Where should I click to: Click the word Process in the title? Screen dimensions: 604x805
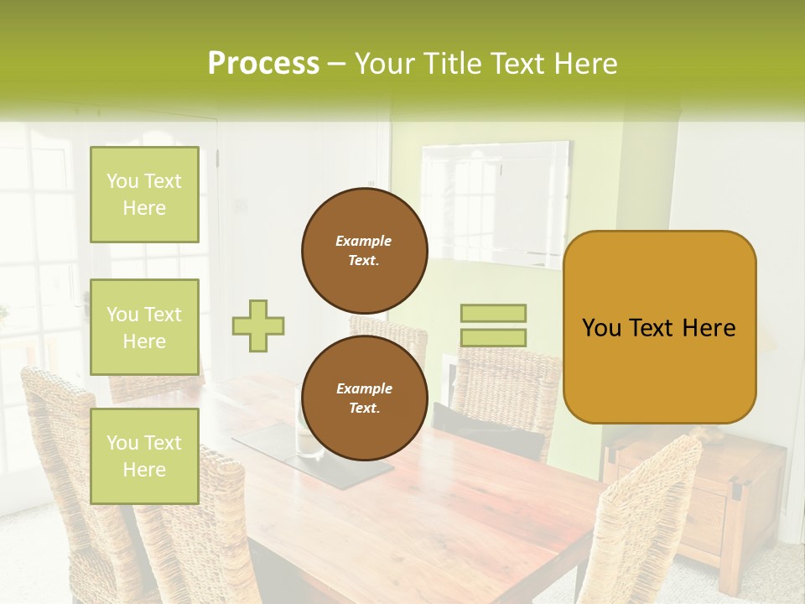pos(263,64)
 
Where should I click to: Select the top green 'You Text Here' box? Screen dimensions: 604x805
pos(144,195)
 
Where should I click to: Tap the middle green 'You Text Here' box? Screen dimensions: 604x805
pos(144,327)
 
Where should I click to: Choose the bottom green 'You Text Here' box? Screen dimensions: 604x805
pos(144,456)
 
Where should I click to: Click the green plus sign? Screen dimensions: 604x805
pos(258,325)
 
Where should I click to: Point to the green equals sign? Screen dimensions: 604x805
pos(493,325)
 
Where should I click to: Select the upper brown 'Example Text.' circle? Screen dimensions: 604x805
pos(364,251)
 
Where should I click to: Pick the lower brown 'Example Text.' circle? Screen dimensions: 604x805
pos(364,398)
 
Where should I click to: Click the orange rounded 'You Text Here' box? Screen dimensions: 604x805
pos(659,327)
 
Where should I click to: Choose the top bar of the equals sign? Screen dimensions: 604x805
pos(493,313)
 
